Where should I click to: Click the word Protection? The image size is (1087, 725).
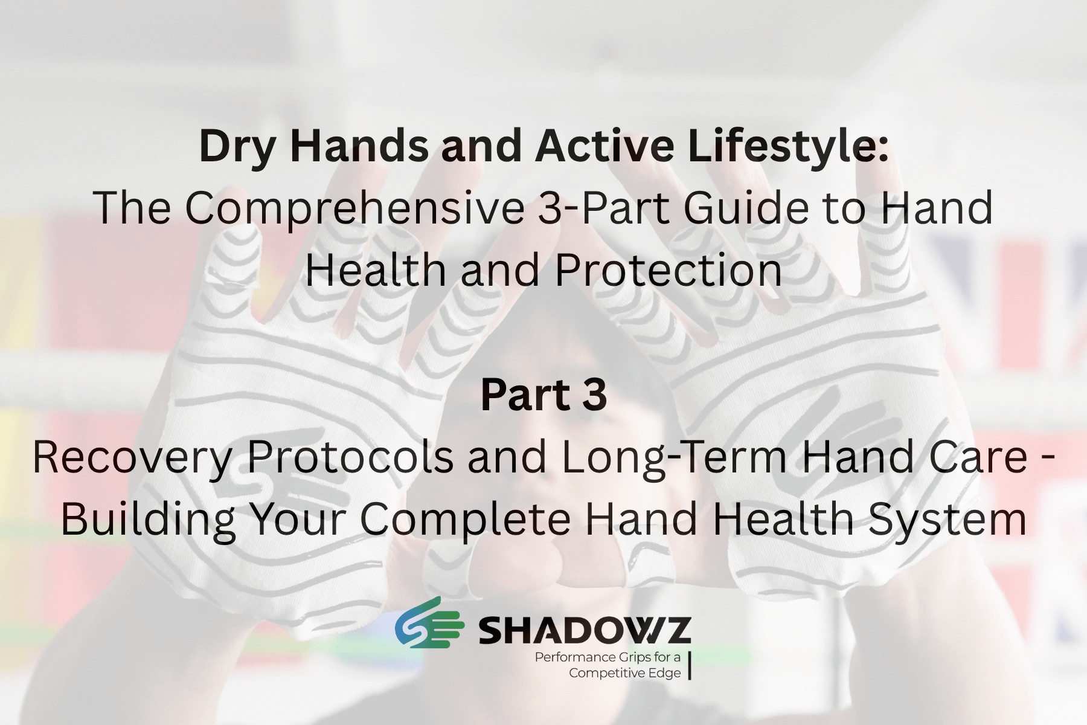[668, 269]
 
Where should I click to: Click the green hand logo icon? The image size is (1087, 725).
[429, 623]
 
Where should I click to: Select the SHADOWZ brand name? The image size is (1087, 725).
[585, 631]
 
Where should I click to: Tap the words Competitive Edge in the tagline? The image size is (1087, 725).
[625, 673]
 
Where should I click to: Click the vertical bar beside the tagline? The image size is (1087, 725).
[689, 665]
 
